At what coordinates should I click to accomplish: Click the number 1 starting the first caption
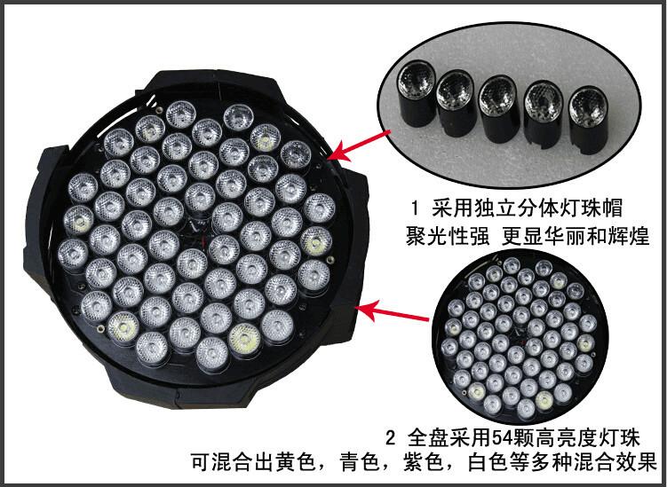[x=415, y=208]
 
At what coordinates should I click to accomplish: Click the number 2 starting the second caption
[x=392, y=437]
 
